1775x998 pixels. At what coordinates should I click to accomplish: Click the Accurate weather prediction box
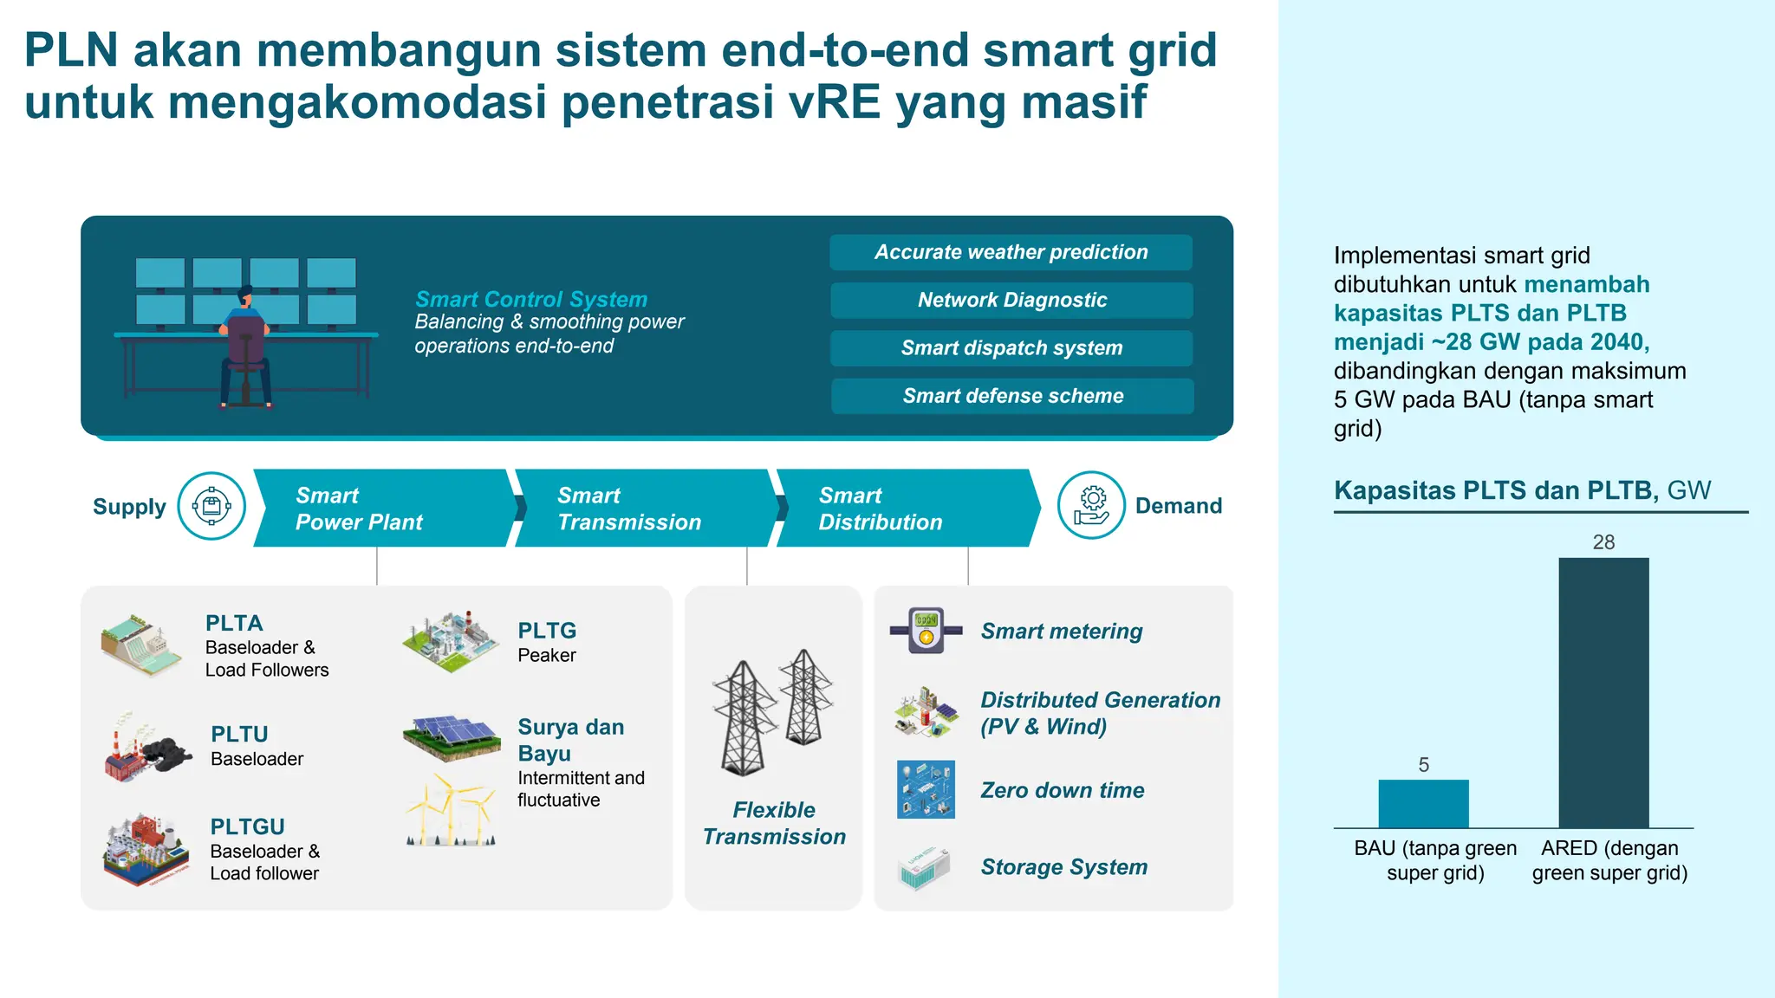point(1011,252)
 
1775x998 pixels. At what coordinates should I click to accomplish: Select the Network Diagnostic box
point(1011,300)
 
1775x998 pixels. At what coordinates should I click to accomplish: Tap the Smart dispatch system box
point(1011,347)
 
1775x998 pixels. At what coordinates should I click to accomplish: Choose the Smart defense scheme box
point(1012,396)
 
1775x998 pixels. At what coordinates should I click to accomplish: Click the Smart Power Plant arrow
point(381,509)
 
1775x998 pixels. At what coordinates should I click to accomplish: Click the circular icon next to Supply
point(211,506)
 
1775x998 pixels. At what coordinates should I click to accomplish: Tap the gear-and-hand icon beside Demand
point(1091,505)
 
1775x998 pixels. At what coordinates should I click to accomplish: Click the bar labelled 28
point(1603,693)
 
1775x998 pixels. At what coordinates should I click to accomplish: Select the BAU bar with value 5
point(1423,804)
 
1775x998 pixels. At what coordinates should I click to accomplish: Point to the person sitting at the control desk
point(245,347)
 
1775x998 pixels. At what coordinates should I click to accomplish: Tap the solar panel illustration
point(452,736)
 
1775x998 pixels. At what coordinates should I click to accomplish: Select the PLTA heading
point(234,623)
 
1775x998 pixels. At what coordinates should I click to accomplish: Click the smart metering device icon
point(926,630)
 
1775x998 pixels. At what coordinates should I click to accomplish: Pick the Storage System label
point(1063,867)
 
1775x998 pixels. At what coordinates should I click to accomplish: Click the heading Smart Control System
point(531,299)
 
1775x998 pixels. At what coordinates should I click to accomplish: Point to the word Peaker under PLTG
point(547,656)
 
